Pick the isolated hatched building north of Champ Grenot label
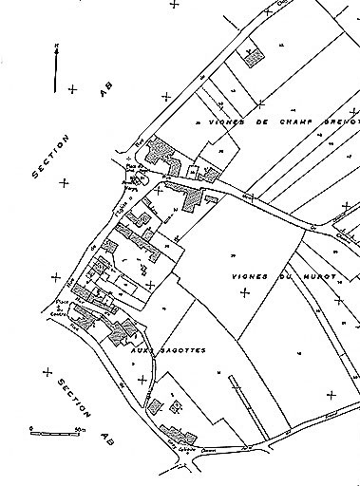pos(254,58)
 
